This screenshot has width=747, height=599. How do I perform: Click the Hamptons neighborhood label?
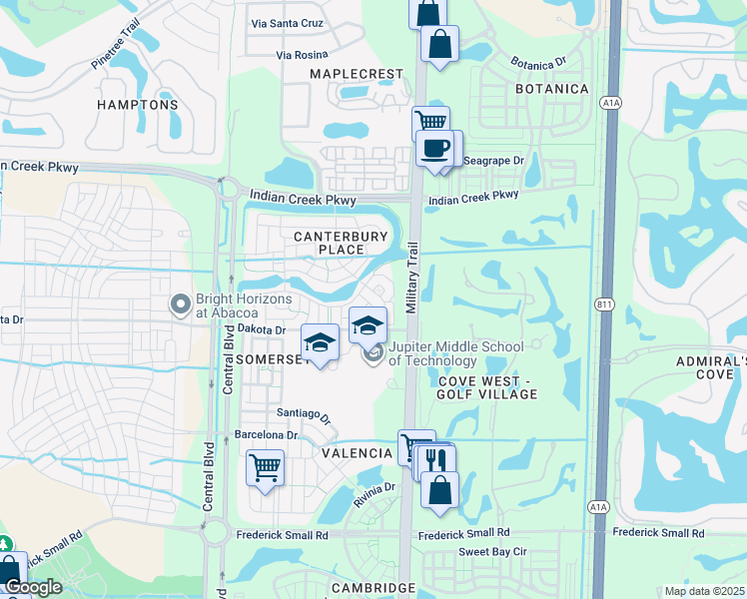138,105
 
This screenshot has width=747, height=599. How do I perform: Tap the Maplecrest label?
357,75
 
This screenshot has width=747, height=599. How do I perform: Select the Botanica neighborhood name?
551,90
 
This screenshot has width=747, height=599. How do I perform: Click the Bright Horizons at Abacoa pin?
181,304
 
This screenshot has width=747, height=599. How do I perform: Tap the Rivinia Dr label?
375,488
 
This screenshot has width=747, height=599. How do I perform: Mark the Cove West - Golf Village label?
486,387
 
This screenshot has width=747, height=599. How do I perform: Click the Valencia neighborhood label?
357,453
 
